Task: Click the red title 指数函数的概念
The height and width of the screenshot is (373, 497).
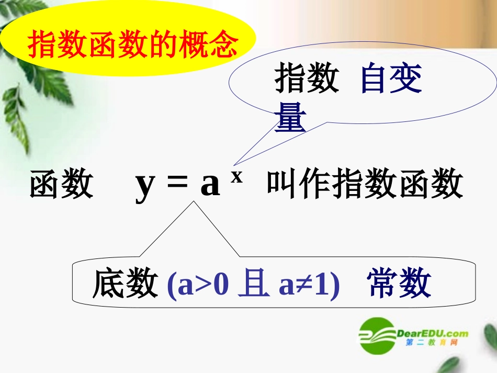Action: (132, 46)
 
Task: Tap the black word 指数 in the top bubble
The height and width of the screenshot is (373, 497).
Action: (307, 80)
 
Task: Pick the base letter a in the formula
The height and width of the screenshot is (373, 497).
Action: (210, 185)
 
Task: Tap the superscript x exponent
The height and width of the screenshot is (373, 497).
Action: (237, 176)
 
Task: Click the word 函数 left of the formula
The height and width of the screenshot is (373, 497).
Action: (61, 185)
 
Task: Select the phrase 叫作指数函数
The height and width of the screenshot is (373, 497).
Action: (365, 185)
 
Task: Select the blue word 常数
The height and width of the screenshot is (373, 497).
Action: (400, 284)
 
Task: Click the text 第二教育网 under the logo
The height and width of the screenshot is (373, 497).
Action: (432, 343)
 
